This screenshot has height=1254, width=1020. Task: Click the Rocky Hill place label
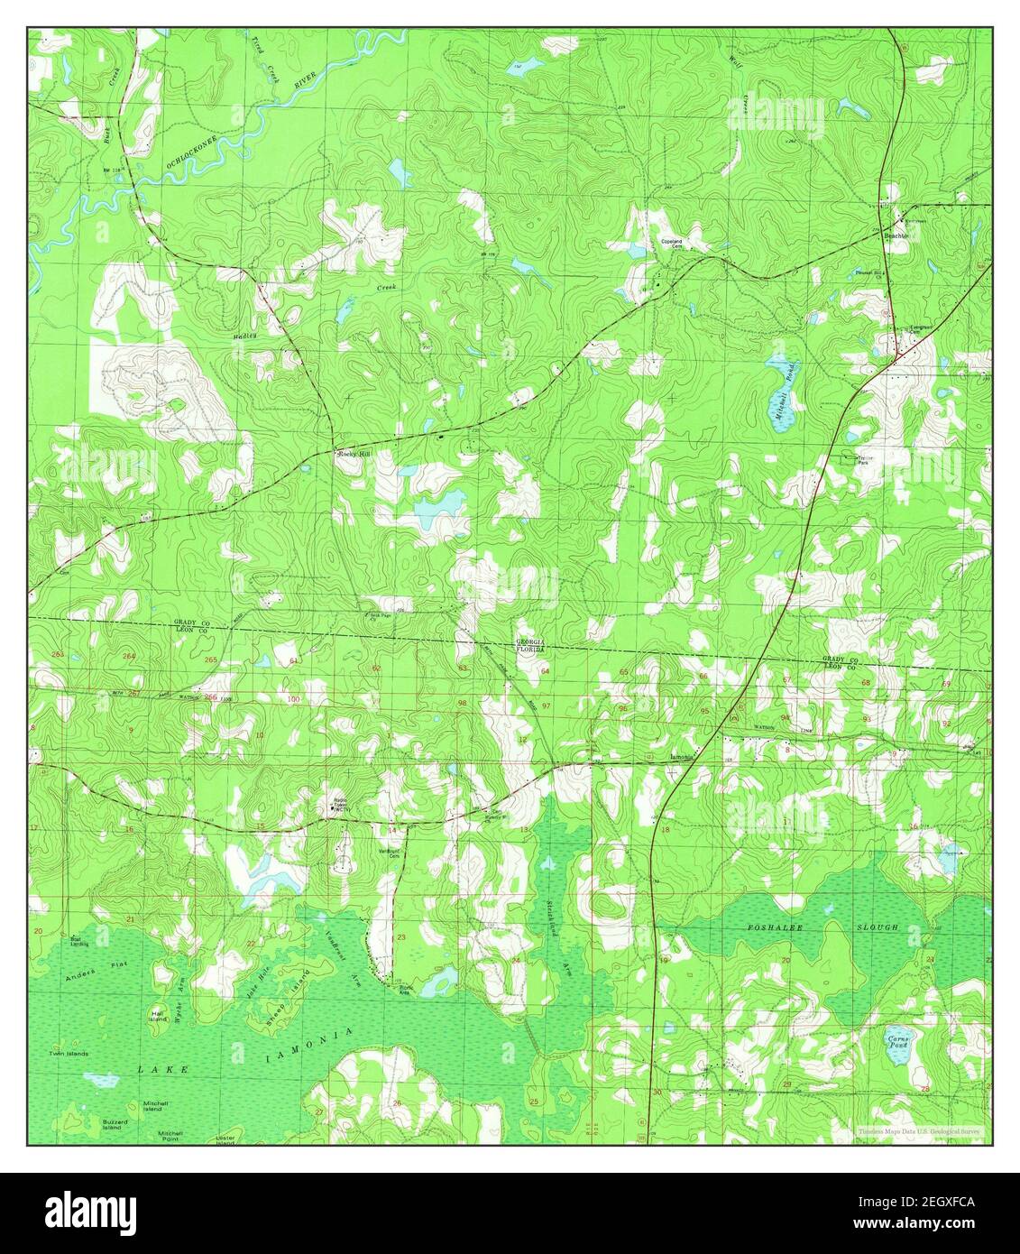pyautogui.click(x=354, y=456)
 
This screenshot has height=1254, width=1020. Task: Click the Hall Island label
pyautogui.click(x=158, y=1011)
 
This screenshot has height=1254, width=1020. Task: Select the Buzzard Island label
pyautogui.click(x=112, y=1124)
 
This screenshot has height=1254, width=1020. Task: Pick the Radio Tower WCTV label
pyautogui.click(x=340, y=806)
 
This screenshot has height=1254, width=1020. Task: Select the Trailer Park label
pyautogui.click(x=868, y=462)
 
